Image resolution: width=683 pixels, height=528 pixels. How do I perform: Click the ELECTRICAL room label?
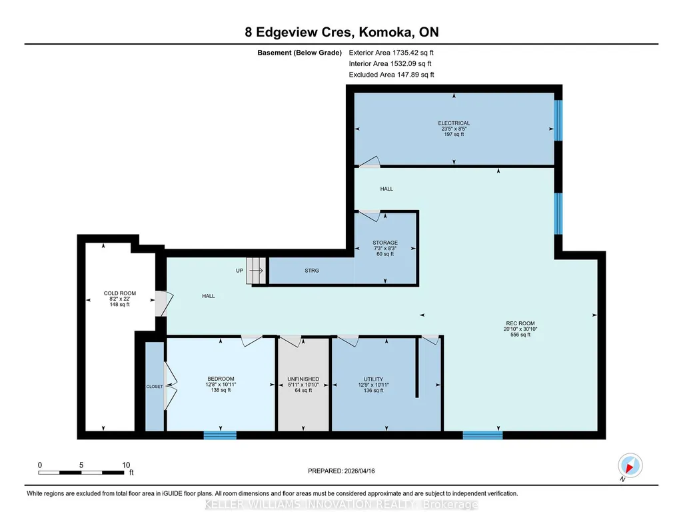454,123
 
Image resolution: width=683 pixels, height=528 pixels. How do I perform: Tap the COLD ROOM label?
120,293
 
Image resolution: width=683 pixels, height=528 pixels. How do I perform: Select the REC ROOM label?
520,323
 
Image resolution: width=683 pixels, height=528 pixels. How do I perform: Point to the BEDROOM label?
221,379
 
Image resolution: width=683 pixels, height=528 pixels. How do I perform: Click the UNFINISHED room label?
303,379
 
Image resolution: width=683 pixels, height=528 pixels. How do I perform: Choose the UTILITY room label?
374,379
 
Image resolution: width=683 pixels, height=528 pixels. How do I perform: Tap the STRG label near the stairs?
312,271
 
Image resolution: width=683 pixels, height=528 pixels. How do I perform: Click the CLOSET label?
155,387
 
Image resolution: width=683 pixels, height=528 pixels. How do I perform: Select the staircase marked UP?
256,271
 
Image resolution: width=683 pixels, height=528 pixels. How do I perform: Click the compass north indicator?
630,466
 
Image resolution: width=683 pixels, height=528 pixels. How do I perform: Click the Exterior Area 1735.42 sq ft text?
391,53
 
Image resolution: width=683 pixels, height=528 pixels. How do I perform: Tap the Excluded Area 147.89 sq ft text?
391,75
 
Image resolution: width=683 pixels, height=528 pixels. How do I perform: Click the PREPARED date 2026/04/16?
341,471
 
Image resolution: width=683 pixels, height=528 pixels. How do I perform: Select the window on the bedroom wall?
220,435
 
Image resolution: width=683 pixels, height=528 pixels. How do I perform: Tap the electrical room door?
369,161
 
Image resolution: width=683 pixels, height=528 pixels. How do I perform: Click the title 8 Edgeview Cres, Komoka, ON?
341,32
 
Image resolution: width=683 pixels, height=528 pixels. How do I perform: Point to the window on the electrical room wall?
558,120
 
